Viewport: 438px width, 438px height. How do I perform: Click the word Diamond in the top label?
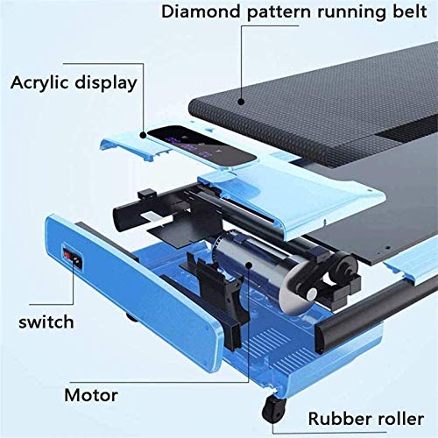click(x=201, y=12)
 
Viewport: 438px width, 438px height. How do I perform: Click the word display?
click(x=106, y=83)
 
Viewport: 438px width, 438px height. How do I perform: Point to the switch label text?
click(x=46, y=322)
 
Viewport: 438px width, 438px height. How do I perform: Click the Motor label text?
click(x=91, y=395)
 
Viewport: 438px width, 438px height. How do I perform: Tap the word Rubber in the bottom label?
click(x=340, y=419)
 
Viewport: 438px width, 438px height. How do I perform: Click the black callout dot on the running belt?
click(x=241, y=102)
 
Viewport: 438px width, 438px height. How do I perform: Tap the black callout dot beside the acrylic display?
click(x=143, y=135)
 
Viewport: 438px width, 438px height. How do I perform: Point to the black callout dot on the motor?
click(x=249, y=265)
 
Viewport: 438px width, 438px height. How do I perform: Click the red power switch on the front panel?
click(x=67, y=255)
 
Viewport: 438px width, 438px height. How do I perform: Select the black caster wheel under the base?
click(x=273, y=406)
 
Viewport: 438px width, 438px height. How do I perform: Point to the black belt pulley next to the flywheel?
click(x=345, y=267)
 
